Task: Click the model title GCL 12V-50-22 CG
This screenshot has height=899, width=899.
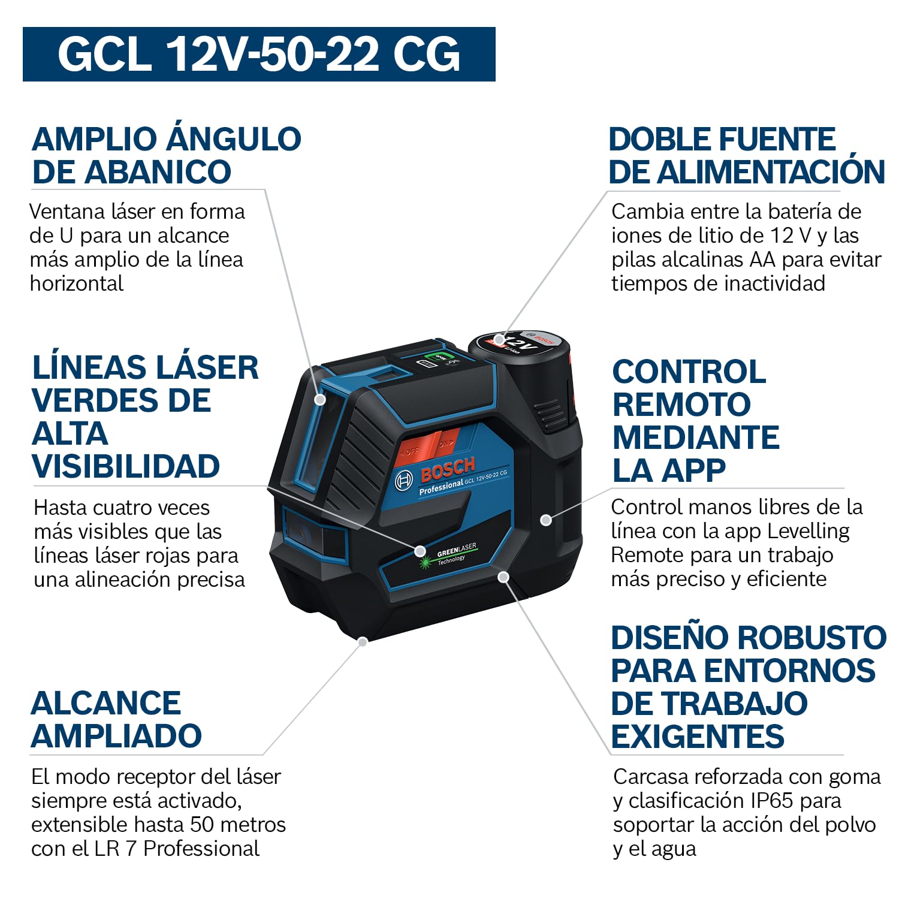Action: pyautogui.click(x=259, y=54)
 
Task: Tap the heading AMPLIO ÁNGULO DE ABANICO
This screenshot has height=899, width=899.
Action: pyautogui.click(x=167, y=155)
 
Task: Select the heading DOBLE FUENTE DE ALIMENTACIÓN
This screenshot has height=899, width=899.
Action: pyautogui.click(x=747, y=155)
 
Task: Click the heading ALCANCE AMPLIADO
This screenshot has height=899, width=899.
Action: pyautogui.click(x=116, y=719)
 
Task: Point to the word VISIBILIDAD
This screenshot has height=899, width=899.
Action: pyautogui.click(x=126, y=466)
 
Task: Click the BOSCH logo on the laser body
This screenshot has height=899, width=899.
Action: pyautogui.click(x=448, y=469)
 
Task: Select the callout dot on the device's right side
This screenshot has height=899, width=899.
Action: pyautogui.click(x=545, y=520)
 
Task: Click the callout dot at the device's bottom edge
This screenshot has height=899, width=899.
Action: pyautogui.click(x=363, y=641)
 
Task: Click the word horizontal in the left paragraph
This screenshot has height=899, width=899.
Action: pyautogui.click(x=77, y=283)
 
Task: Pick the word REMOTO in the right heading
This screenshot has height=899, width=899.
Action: pyautogui.click(x=681, y=405)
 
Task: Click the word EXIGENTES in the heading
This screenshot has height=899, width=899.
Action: pyautogui.click(x=698, y=737)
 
